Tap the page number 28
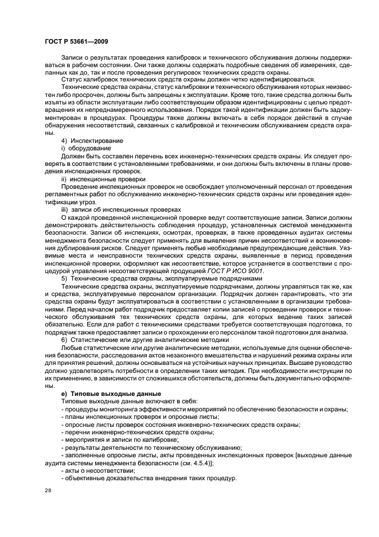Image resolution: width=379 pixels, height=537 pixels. click(x=48, y=491)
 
